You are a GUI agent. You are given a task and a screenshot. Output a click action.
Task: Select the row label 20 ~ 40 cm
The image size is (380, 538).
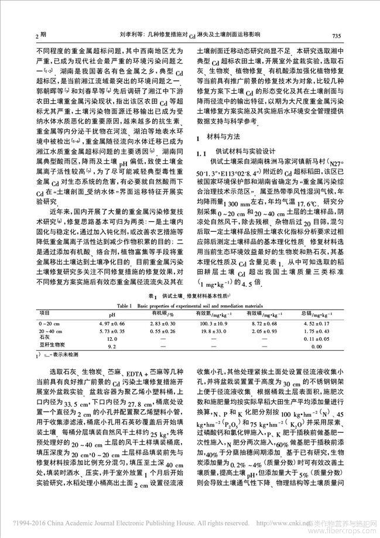point(50,331)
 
